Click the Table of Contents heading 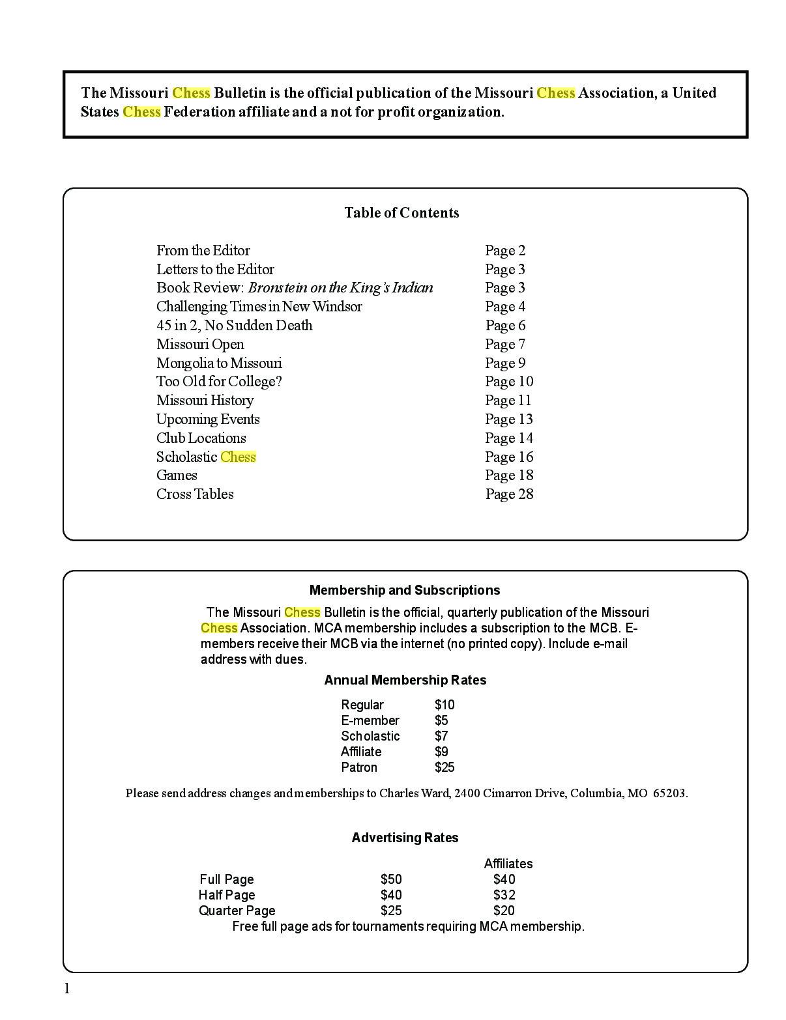(401, 213)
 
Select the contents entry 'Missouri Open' (200, 345)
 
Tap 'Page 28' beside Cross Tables (509, 494)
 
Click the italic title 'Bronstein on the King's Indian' (340, 288)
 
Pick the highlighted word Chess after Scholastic (238, 457)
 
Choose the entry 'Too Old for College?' (219, 382)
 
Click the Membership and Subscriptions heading (405, 590)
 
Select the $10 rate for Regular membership (444, 705)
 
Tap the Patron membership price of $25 (444, 767)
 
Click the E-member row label (370, 720)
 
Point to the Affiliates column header (508, 864)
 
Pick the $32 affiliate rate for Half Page (504, 895)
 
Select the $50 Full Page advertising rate (391, 879)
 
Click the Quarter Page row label (237, 911)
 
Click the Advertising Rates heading (405, 838)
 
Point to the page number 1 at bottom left (66, 989)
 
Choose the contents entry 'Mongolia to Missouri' (219, 363)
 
